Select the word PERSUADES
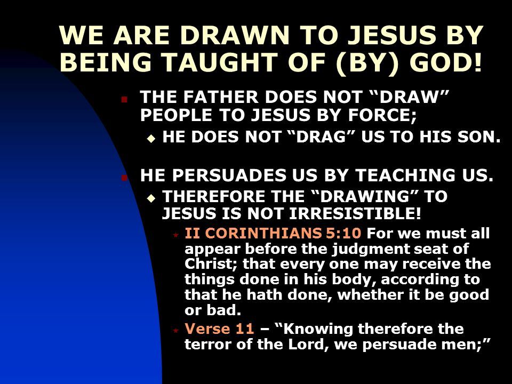[x=229, y=175]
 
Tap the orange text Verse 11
[x=219, y=329]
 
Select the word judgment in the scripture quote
[x=371, y=250]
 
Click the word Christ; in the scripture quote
[x=212, y=264]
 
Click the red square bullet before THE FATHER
[x=124, y=99]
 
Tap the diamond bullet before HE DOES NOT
[x=151, y=139]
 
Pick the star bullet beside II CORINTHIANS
[x=175, y=235]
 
